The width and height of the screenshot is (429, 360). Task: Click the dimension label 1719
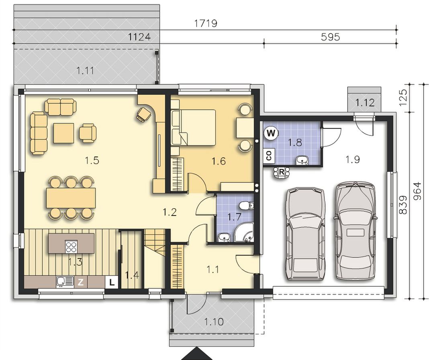[x=206, y=23]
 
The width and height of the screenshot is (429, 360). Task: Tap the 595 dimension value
[x=330, y=37]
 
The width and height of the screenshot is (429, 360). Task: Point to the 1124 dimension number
[x=139, y=37]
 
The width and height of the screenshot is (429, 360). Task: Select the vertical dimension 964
[x=418, y=191]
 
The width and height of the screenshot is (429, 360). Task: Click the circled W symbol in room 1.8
[x=271, y=133]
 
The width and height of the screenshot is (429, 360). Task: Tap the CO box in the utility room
[x=269, y=156]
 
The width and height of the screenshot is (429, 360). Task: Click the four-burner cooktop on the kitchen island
[x=71, y=246]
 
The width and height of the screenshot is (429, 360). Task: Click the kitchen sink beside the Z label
[x=65, y=282]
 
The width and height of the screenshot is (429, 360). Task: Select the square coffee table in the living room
[x=64, y=133]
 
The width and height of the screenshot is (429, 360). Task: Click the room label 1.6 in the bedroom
[x=219, y=161]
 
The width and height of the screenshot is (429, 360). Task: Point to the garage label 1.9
[x=352, y=159]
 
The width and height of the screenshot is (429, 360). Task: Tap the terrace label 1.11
[x=85, y=71]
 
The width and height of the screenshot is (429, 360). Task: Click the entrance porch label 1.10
[x=214, y=322]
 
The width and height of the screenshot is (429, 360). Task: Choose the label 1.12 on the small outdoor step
[x=365, y=103]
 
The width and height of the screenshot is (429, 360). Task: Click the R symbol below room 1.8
[x=282, y=172]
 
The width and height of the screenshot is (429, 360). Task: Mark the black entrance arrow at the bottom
[x=197, y=354]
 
